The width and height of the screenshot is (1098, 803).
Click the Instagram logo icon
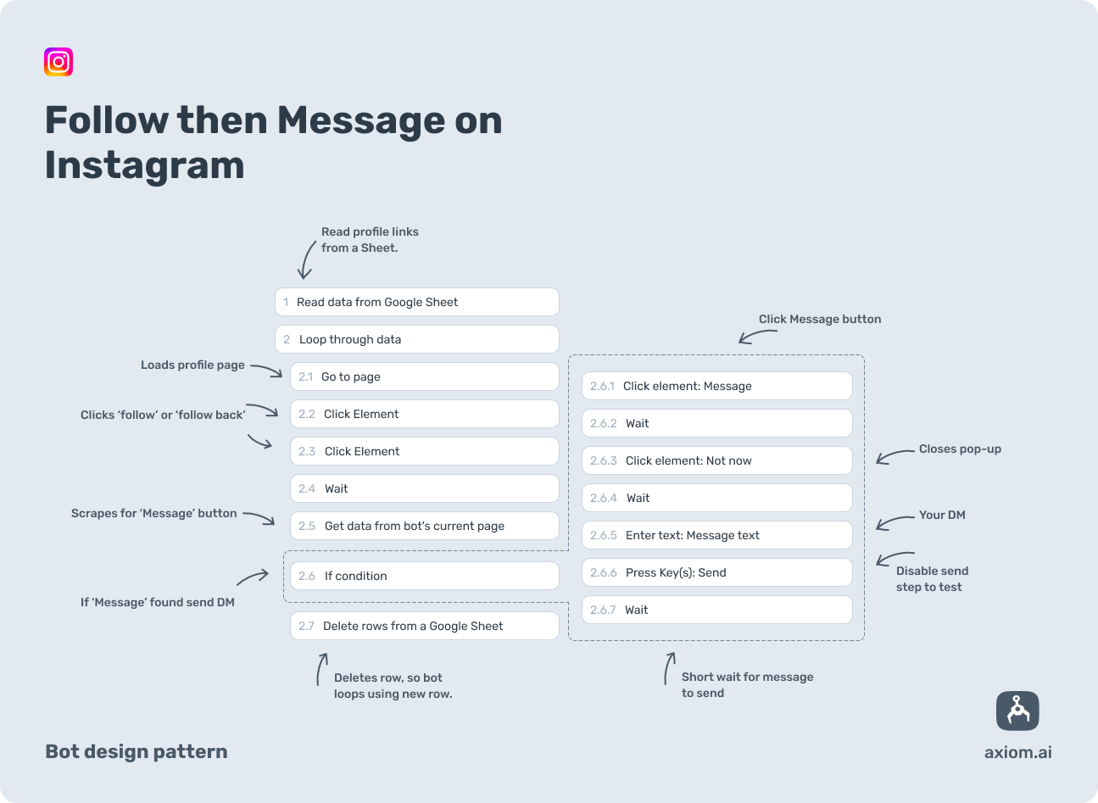[59, 62]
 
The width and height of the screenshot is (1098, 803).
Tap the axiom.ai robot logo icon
[1017, 711]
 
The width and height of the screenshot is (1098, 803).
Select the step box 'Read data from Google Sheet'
[416, 302]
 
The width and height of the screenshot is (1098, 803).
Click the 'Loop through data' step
[416, 339]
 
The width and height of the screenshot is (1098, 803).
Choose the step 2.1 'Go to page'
[424, 376]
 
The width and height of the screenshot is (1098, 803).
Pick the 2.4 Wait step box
[424, 488]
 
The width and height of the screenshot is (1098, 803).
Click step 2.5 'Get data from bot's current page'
[424, 526]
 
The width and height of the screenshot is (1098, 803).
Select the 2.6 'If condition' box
[424, 576]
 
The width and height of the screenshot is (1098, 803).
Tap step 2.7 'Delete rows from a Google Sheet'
[424, 626]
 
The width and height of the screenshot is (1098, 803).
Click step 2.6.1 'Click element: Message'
[716, 386]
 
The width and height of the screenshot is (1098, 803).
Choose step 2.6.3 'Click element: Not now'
[716, 460]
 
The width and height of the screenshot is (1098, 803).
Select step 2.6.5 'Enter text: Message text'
[716, 535]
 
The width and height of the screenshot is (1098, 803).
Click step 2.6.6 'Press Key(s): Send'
[716, 572]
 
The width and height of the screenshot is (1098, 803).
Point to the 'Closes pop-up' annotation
[960, 449]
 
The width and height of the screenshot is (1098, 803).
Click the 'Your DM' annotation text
[942, 515]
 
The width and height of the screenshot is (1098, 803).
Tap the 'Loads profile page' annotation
[192, 365]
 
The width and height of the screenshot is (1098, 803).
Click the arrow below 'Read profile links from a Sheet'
[306, 259]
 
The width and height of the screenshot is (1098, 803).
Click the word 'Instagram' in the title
[144, 165]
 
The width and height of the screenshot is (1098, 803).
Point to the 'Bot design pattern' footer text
[137, 751]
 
